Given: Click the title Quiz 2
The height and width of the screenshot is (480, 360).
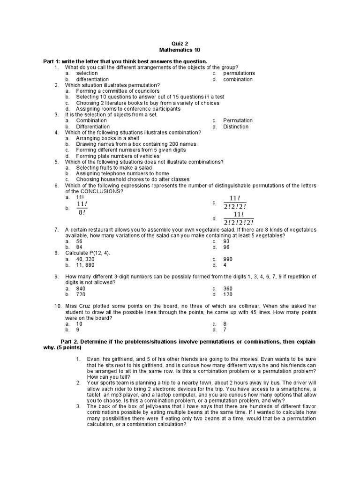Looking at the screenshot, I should pyautogui.click(x=180, y=42).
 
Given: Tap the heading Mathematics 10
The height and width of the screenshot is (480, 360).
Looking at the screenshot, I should pyautogui.click(x=180, y=49).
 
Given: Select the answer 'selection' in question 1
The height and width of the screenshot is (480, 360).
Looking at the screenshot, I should pyautogui.click(x=87, y=73).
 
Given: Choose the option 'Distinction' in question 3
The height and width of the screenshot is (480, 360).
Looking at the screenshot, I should pyautogui.click(x=236, y=127).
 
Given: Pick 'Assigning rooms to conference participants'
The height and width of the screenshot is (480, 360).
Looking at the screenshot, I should pyautogui.click(x=128, y=109).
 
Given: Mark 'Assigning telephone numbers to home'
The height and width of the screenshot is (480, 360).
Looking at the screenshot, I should pyautogui.click(x=122, y=173).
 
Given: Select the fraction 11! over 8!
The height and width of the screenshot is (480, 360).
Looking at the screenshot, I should pyautogui.click(x=82, y=208).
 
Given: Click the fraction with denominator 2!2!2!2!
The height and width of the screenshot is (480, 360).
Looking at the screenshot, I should pyautogui.click(x=239, y=218).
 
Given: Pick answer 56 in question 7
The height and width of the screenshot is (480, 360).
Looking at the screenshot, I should pyautogui.click(x=79, y=241).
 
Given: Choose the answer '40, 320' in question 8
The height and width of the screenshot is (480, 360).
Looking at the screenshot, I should pyautogui.click(x=85, y=259).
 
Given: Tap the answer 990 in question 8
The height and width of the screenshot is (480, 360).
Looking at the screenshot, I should pyautogui.click(x=228, y=259).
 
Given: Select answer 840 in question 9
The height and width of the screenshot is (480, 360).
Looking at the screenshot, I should pyautogui.click(x=81, y=289).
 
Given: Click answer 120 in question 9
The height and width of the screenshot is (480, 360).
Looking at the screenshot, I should pyautogui.click(x=228, y=295).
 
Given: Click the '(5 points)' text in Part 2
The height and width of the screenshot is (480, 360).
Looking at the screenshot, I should pyautogui.click(x=66, y=348).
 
